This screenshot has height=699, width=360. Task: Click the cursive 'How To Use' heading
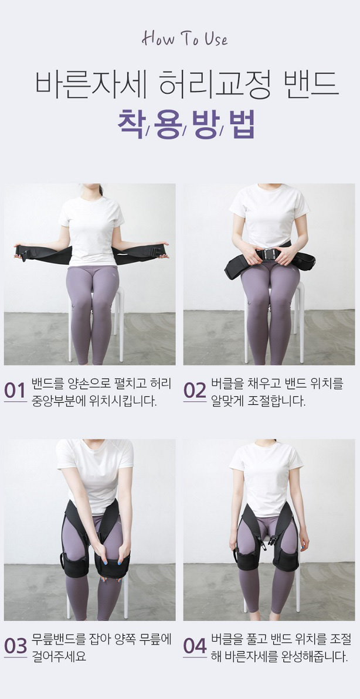pos(185,39)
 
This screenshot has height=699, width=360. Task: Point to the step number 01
pos(15,391)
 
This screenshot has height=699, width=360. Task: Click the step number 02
pos(195,391)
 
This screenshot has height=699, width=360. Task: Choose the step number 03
pos(16,646)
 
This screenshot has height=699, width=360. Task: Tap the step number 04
pos(195,646)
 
